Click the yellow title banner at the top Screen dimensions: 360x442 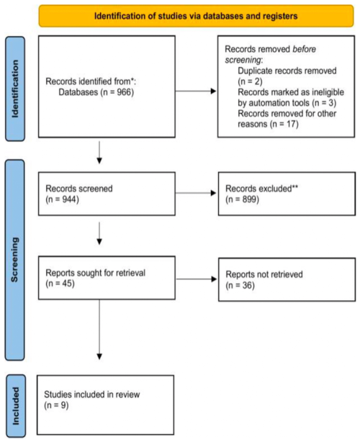(x=196, y=16)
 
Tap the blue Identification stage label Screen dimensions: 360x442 (x=15, y=89)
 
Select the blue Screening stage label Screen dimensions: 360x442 (x=15, y=260)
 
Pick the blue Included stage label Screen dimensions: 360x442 (x=16, y=405)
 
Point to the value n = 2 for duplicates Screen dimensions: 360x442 (x=251, y=81)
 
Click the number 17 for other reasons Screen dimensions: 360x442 (x=291, y=124)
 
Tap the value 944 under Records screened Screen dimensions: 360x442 (x=69, y=199)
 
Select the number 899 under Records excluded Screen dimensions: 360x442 (x=249, y=199)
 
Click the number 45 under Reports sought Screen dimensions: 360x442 (x=67, y=284)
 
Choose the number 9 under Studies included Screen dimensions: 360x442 (x=63, y=405)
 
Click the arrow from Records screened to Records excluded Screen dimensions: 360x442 (x=196, y=193)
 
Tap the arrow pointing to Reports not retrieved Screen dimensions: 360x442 (x=197, y=279)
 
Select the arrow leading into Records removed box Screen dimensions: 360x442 (x=196, y=91)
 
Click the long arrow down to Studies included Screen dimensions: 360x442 (x=99, y=329)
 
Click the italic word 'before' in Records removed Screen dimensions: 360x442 (x=304, y=49)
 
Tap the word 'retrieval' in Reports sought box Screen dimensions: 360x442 (x=130, y=273)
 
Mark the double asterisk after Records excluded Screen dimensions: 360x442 (x=295, y=187)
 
